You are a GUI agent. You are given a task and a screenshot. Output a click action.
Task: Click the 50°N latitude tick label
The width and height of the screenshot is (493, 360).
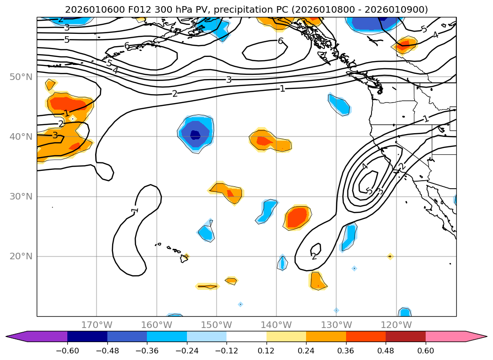[21, 77]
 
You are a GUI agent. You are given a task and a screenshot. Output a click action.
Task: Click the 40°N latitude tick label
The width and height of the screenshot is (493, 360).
[21, 136]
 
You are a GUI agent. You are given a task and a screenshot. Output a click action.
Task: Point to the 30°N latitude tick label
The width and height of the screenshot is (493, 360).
[21, 197]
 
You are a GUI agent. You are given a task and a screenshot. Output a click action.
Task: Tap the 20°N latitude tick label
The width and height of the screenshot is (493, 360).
[21, 256]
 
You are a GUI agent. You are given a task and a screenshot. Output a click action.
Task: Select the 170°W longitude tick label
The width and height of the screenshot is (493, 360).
[97, 325]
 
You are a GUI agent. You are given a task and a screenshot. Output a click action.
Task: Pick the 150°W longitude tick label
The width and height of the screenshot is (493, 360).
[217, 325]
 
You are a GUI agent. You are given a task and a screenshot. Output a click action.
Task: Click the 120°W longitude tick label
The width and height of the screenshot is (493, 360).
[396, 325]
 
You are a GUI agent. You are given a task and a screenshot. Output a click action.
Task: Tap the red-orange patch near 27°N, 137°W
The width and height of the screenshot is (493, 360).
[297, 217]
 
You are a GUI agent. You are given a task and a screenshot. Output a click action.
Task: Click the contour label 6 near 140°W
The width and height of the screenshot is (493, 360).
[280, 41]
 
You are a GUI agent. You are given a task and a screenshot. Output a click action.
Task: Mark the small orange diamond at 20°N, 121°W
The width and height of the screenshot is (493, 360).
[390, 256]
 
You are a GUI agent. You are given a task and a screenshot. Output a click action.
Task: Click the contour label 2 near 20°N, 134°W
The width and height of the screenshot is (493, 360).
[314, 256]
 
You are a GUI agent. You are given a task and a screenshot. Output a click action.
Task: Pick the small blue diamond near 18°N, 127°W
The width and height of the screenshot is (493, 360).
[354, 268]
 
